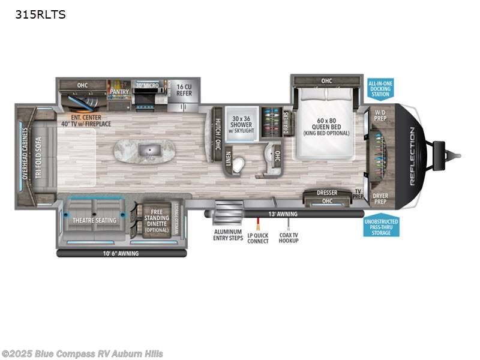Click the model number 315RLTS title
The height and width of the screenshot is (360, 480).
[41, 14]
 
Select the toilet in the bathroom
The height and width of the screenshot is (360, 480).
[239, 164]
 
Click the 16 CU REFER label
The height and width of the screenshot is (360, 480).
[184, 90]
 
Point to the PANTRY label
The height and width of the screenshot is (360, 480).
[119, 92]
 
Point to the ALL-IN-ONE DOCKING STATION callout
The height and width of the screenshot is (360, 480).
[380, 89]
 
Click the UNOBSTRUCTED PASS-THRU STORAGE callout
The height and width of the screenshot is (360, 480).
[380, 227]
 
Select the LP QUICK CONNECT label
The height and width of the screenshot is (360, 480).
[259, 237]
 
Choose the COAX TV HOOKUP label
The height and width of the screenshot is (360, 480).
[289, 237]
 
